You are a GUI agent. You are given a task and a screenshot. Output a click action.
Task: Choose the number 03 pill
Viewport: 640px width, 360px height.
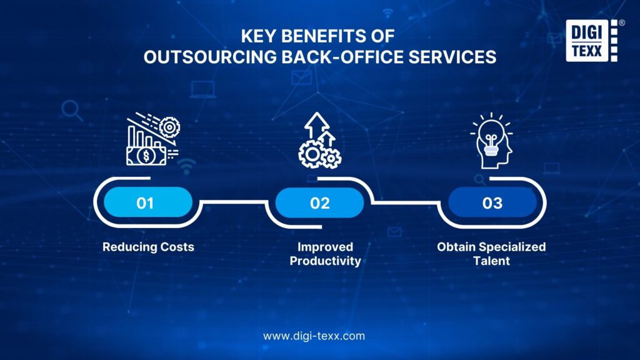[492, 203]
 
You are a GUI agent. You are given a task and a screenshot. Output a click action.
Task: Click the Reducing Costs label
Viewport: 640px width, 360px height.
[148, 247]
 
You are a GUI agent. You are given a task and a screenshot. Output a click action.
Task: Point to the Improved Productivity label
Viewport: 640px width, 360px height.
[325, 254]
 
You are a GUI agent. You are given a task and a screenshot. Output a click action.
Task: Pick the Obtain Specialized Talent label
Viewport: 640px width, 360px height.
[491, 254]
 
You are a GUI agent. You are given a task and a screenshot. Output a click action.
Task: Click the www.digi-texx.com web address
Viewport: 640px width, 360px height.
[314, 336]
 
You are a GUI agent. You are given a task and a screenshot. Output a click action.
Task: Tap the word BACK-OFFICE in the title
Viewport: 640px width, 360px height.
[344, 57]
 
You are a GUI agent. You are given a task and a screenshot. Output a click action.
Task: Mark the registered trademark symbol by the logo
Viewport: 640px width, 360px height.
[621, 22]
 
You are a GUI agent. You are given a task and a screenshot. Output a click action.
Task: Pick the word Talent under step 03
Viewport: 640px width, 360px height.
[491, 261]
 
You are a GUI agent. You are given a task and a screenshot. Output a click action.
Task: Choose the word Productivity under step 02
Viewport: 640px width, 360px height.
[325, 261]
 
